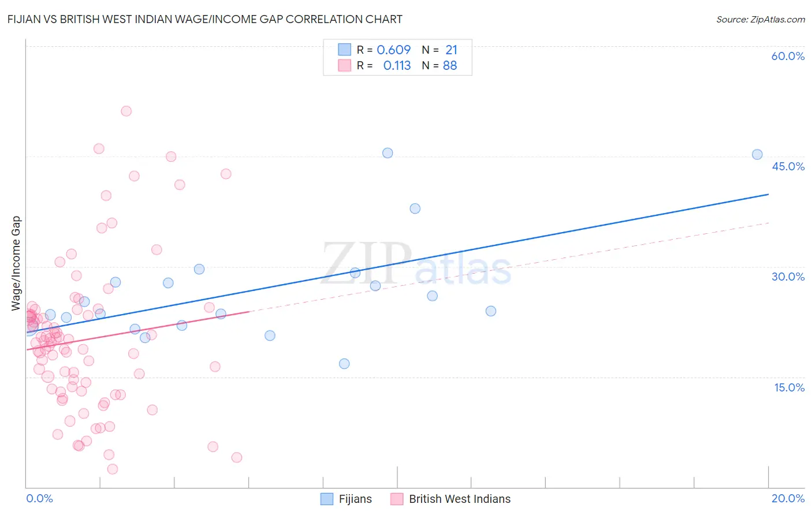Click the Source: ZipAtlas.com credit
click(x=760, y=19)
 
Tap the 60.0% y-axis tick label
click(x=788, y=56)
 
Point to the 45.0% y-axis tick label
click(x=788, y=166)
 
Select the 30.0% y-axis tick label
click(x=788, y=277)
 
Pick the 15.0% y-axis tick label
click(x=789, y=387)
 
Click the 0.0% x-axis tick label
click(x=39, y=498)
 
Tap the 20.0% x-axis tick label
click(x=788, y=498)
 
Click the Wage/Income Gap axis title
click(x=16, y=263)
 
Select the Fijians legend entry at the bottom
click(x=347, y=499)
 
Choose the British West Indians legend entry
click(x=450, y=499)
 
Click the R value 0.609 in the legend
click(x=393, y=50)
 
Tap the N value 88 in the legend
click(x=450, y=66)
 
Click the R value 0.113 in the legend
click(x=397, y=66)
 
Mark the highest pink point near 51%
click(x=126, y=111)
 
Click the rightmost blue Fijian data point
click(x=757, y=154)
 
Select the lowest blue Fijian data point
click(x=344, y=364)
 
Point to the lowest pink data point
click(x=113, y=469)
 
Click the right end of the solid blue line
click(x=768, y=195)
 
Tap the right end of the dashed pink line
click(x=768, y=223)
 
